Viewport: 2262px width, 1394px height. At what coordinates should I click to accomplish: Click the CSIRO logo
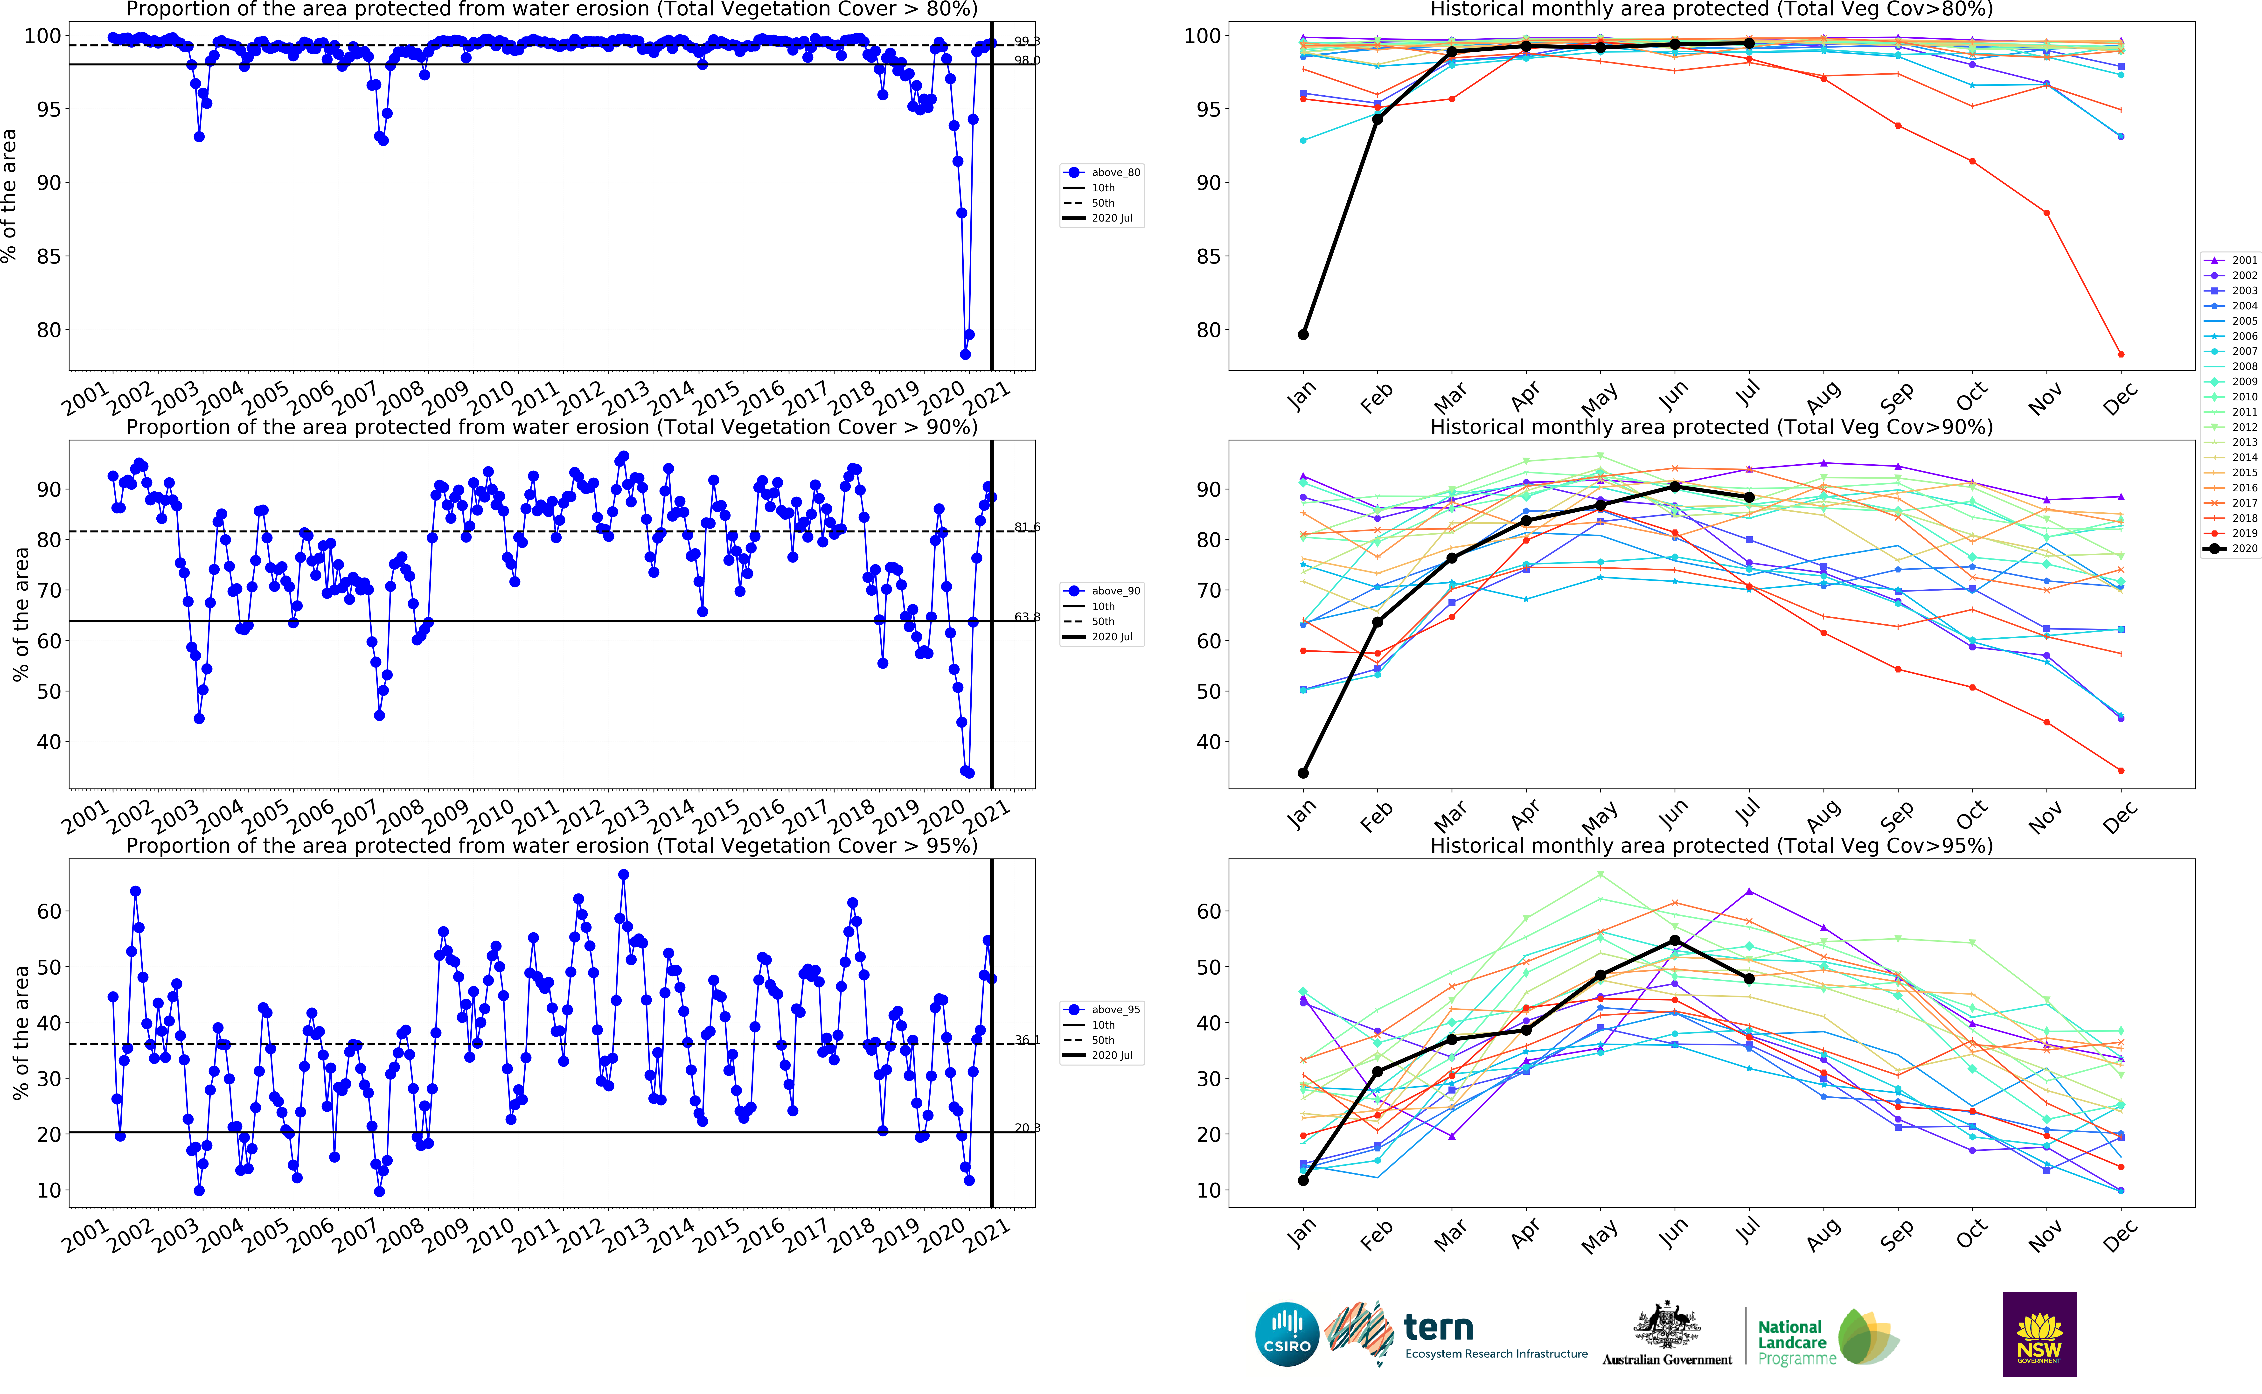pos(1287,1334)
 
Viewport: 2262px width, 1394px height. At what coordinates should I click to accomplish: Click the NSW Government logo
pos(2039,1334)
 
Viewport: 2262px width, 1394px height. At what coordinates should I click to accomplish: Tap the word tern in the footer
pos(1438,1328)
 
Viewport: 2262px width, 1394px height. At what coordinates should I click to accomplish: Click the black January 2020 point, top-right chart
pos(1302,335)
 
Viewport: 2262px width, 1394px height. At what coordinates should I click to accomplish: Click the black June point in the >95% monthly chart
pos(1675,941)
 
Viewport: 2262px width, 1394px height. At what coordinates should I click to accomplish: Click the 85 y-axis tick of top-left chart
pos(49,256)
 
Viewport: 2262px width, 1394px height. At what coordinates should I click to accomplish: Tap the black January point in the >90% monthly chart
pos(1302,773)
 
